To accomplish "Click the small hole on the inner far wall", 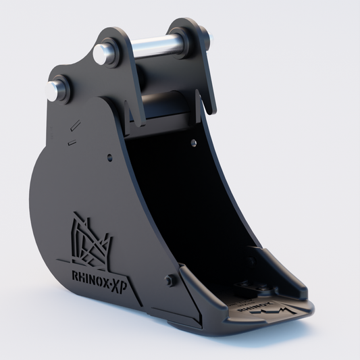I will [x=194, y=143].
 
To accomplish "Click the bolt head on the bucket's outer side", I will [x=169, y=280].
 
